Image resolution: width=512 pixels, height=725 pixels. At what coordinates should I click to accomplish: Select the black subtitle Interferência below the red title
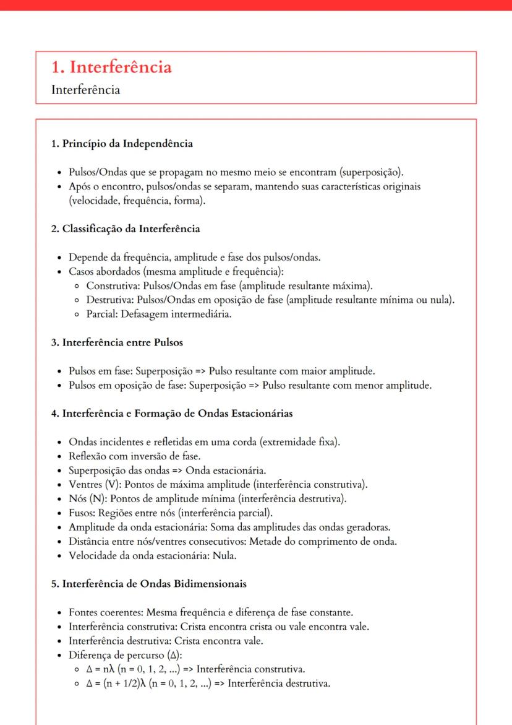coord(85,90)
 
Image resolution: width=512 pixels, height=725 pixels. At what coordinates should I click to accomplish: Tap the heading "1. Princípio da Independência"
coord(122,144)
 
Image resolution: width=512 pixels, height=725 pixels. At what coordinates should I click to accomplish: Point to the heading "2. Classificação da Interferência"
coord(126,229)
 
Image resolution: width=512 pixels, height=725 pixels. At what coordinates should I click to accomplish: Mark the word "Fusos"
coord(82,514)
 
